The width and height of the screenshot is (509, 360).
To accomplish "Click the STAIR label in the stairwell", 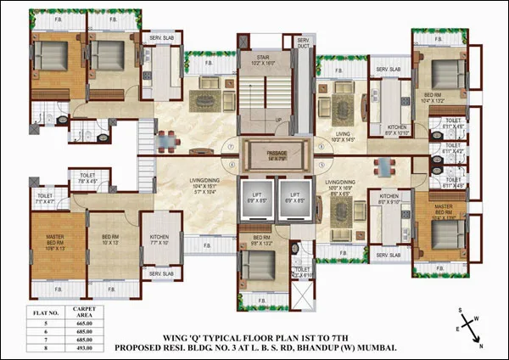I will click(x=265, y=59).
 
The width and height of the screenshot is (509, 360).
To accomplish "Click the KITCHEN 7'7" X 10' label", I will click(x=159, y=239).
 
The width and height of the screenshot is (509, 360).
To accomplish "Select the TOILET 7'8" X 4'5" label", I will click(x=88, y=177).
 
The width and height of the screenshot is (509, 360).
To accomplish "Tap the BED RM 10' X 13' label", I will click(x=112, y=238).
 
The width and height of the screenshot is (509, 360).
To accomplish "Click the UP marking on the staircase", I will click(x=279, y=120).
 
